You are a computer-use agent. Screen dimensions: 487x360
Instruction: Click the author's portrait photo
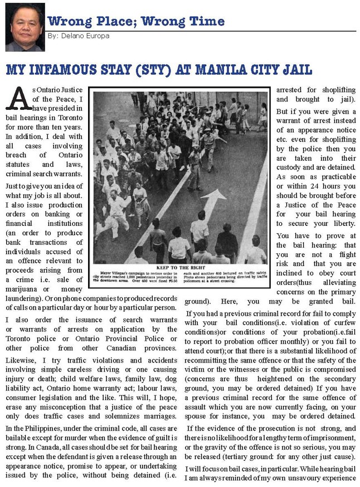pyautogui.click(x=25, y=27)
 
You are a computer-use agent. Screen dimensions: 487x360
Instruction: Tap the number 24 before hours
pyautogui.click(x=323, y=185)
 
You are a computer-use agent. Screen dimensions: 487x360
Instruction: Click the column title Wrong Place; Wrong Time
pyautogui.click(x=136, y=21)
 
